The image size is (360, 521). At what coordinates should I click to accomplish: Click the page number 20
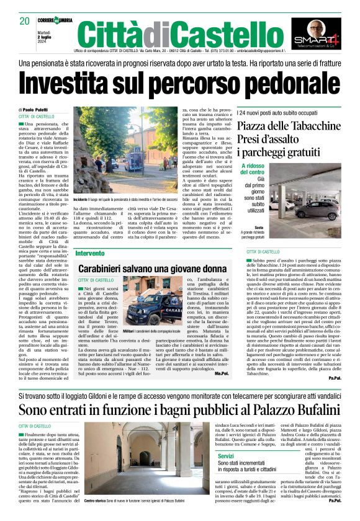click(25, 21)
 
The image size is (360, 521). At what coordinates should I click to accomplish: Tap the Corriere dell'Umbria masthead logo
click(55, 22)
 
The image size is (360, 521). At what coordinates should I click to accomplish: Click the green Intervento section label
click(90, 254)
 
